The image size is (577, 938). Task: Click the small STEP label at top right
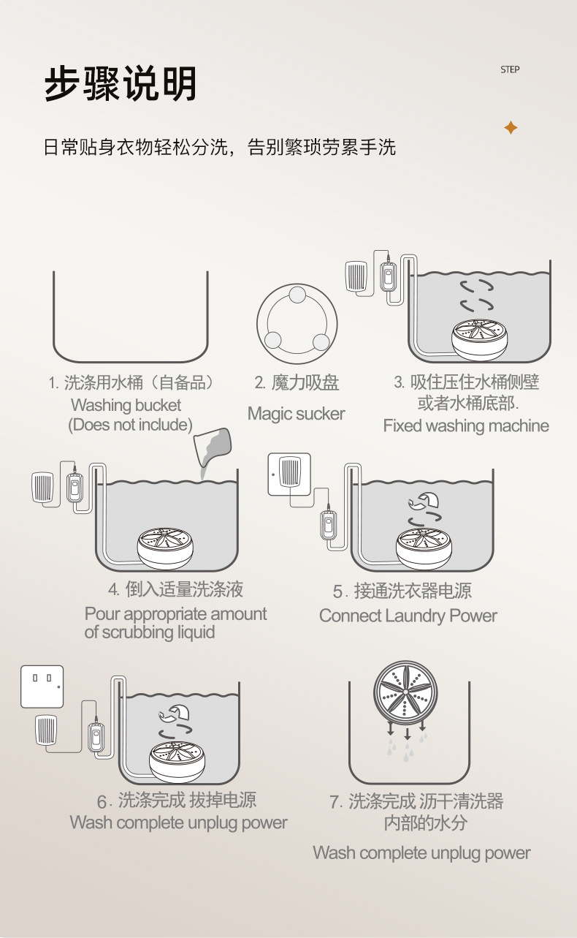click(510, 69)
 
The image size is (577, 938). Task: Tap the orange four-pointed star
click(511, 127)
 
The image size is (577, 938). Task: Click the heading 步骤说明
click(121, 83)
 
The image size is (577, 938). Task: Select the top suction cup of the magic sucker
click(297, 295)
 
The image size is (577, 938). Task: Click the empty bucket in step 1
click(131, 317)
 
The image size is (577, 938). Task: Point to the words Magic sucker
click(297, 414)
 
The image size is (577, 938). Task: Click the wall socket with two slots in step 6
click(42, 687)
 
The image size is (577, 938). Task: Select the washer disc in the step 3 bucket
click(480, 339)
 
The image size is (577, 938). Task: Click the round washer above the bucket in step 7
click(405, 693)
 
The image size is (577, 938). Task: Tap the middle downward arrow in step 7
click(407, 733)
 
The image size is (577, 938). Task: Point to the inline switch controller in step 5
click(329, 525)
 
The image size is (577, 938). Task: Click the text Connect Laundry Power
click(408, 616)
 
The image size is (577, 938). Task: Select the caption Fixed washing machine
click(466, 425)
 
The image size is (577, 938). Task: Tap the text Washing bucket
click(126, 405)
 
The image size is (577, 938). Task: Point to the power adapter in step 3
click(356, 276)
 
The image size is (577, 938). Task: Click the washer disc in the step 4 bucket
click(165, 548)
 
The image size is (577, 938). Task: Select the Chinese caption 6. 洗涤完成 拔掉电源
click(177, 801)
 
